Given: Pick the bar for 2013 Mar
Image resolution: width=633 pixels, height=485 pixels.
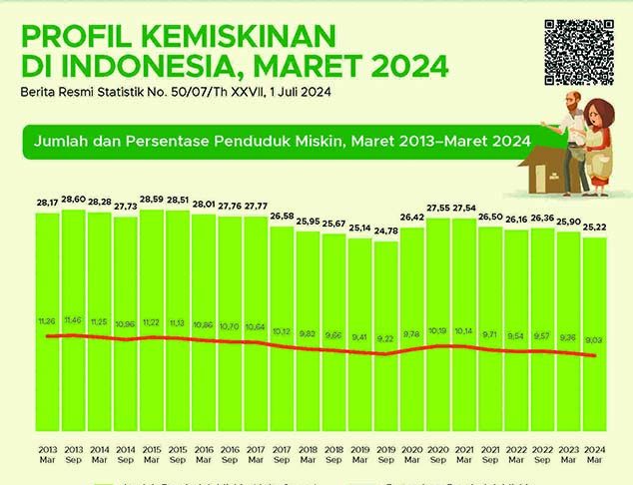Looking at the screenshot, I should coord(47,319).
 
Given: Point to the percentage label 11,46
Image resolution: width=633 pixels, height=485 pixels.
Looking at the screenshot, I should coord(74,322).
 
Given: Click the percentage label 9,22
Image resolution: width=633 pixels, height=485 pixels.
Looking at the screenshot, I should coord(385,340).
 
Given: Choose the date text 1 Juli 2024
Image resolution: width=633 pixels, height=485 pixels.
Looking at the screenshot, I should coord(295,93).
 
